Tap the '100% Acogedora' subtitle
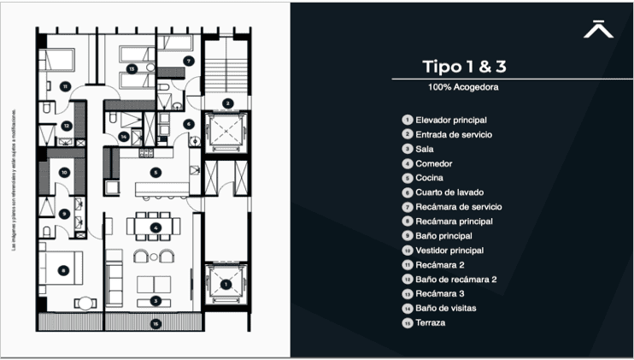[464, 87]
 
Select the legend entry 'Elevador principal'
[451, 121]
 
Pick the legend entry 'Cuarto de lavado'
[449, 192]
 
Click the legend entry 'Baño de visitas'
[445, 308]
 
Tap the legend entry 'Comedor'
[434, 163]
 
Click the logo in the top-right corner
[598, 29]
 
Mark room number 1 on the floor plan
[226, 284]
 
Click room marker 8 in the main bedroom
[63, 270]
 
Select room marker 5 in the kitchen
[155, 172]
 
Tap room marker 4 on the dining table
[155, 227]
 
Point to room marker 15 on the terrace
[155, 323]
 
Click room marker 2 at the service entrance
[226, 103]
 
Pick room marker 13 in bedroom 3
[131, 68]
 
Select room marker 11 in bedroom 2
[65, 86]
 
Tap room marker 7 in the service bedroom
[188, 61]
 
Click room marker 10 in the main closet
[63, 172]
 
